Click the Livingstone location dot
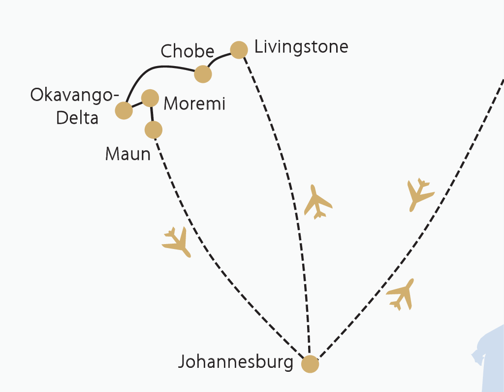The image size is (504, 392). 239,50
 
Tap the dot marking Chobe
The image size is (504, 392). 203,74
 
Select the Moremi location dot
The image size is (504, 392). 150,98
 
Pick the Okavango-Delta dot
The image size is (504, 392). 124,110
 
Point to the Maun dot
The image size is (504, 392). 154,130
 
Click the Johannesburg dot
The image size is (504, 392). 310,364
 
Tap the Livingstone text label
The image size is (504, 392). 301,47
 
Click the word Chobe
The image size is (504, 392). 188,51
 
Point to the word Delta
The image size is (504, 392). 77,118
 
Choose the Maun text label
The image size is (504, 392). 127,154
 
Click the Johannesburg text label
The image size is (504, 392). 235,362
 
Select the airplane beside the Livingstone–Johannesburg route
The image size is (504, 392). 317,202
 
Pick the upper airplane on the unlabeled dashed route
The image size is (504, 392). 419,194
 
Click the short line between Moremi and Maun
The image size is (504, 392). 152,114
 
